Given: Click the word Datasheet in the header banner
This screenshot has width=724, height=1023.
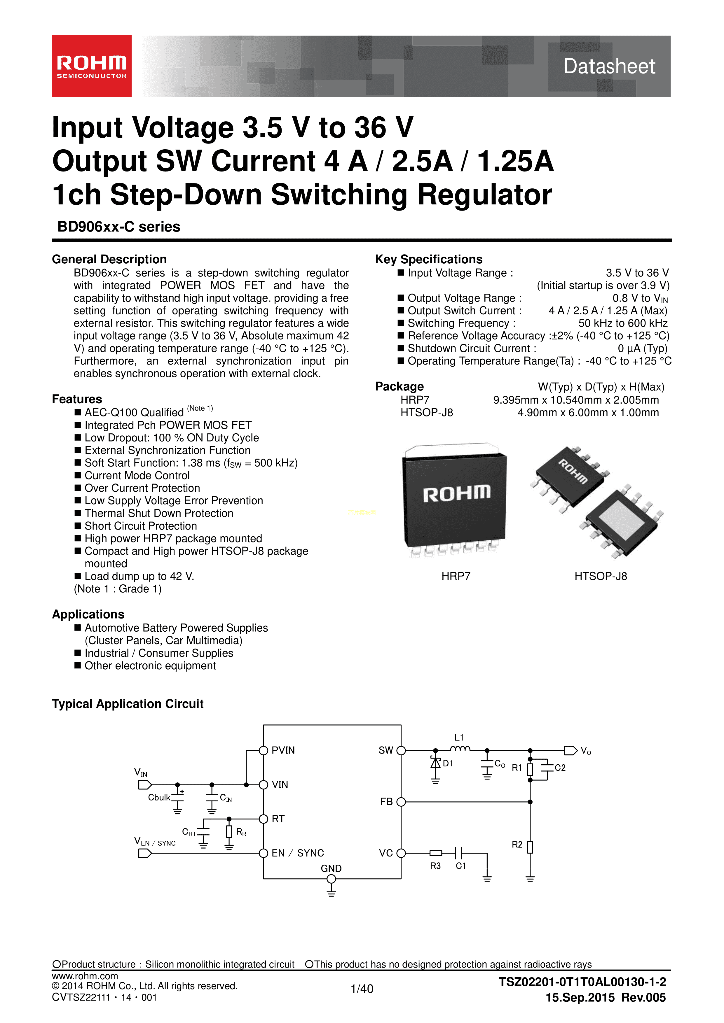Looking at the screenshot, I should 609,66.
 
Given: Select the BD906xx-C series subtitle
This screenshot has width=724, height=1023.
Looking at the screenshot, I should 118,227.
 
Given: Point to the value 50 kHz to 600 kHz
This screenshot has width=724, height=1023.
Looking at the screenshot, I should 623,323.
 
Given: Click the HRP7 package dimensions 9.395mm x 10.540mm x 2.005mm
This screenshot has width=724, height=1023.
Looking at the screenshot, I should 575,400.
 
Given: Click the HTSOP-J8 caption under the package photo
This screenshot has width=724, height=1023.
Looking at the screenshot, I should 601,576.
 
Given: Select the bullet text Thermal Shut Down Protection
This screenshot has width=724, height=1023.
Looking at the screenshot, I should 159,513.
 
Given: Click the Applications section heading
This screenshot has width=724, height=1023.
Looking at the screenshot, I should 88,614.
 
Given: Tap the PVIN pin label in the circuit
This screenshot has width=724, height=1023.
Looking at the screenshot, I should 283,750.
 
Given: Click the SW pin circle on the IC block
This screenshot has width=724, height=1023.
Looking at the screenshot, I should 401,750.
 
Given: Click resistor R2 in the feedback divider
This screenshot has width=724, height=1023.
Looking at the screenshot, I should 530,847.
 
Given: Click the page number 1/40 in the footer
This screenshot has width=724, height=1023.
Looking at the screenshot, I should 362,989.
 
